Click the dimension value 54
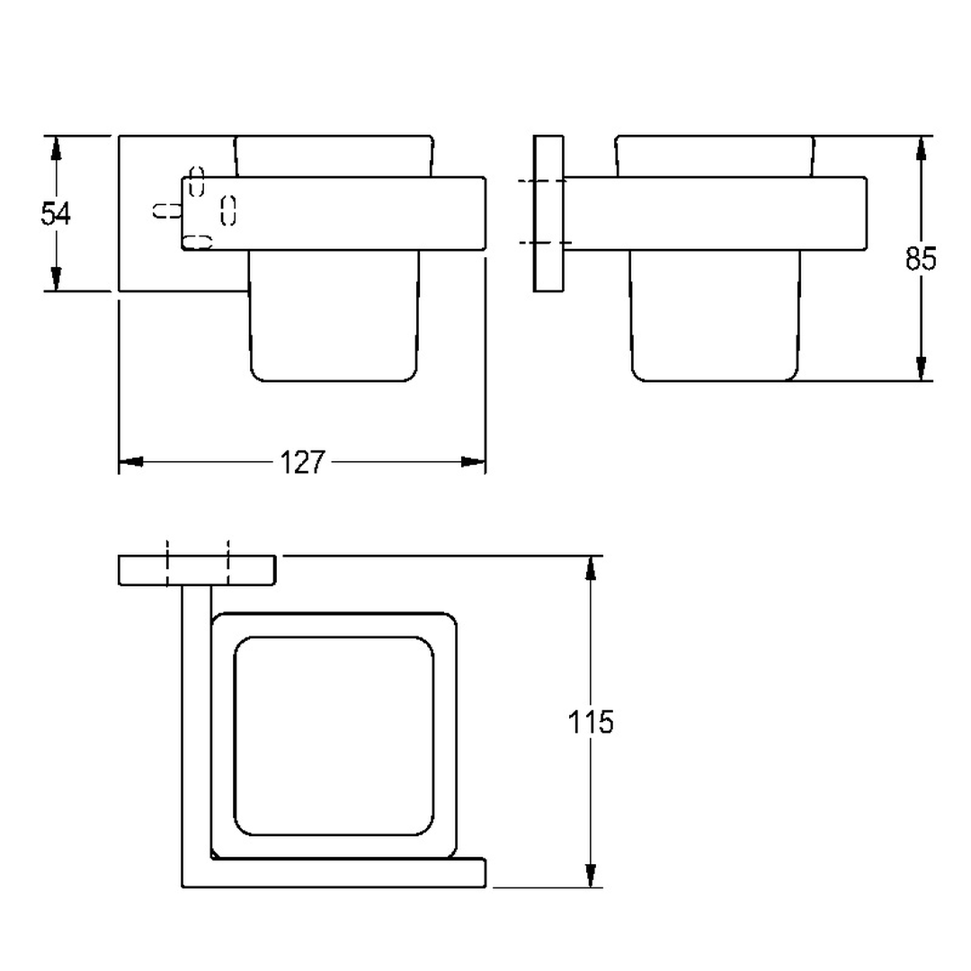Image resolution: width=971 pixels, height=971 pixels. pos(56,214)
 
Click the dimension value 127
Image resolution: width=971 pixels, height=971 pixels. pos(302,462)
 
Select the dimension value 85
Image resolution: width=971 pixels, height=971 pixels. pos(921,258)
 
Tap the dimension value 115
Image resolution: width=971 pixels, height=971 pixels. pos(591,722)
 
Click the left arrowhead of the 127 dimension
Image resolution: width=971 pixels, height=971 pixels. pos(130,462)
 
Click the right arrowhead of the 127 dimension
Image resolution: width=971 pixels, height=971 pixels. pos(474,462)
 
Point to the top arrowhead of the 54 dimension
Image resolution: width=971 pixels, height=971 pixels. pos(56,148)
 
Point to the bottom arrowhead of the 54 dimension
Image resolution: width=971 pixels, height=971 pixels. pos(56,279)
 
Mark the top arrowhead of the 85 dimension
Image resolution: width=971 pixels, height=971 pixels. pos(921,148)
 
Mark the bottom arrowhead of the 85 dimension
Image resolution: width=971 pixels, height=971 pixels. pos(921,369)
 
